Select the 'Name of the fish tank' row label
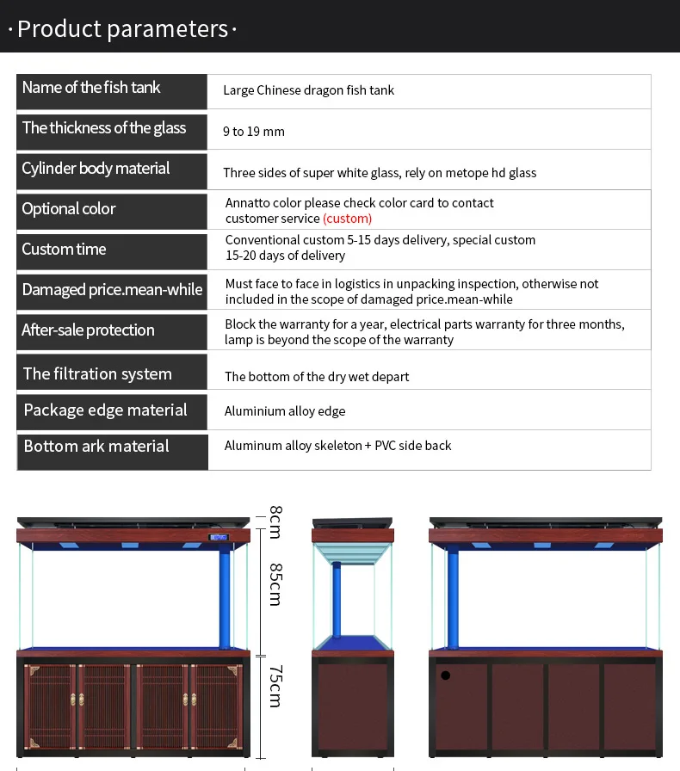(x=91, y=88)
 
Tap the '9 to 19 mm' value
(x=253, y=132)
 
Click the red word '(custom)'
(x=347, y=219)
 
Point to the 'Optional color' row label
(x=69, y=209)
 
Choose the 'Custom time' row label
(x=64, y=250)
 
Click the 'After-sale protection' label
(x=88, y=330)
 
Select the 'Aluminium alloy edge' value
(x=285, y=411)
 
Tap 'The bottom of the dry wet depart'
(x=317, y=377)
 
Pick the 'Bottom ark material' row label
(x=96, y=447)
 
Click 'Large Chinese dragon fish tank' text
(x=308, y=90)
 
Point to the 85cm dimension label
(x=275, y=584)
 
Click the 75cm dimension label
(x=275, y=686)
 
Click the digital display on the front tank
(x=219, y=539)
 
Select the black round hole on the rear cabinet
(x=445, y=675)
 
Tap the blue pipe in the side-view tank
(x=337, y=602)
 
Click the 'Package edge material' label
(x=105, y=410)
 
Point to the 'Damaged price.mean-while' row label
(x=112, y=290)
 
